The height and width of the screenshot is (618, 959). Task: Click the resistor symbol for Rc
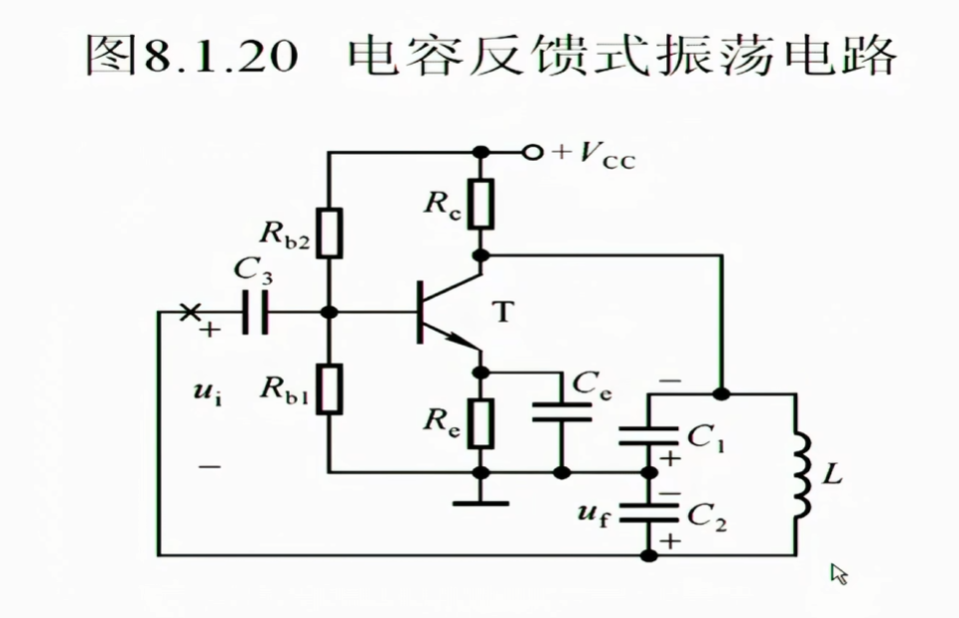tap(481, 204)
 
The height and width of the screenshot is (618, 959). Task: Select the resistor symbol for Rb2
tap(330, 233)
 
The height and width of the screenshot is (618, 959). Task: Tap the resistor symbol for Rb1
tap(330, 388)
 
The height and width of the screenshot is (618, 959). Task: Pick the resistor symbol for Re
tap(481, 421)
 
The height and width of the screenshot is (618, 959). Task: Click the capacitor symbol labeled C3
tap(254, 312)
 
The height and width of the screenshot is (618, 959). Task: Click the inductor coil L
tap(801, 475)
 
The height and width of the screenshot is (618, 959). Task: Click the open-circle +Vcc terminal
tap(533, 152)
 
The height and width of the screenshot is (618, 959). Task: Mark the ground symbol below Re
tap(481, 503)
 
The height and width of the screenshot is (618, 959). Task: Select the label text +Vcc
tap(594, 154)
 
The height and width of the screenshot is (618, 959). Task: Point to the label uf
tap(592, 514)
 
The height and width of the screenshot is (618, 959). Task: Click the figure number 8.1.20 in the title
tap(221, 58)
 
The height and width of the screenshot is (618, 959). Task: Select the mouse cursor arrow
tap(839, 573)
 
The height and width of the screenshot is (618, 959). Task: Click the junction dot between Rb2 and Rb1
tap(330, 312)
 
